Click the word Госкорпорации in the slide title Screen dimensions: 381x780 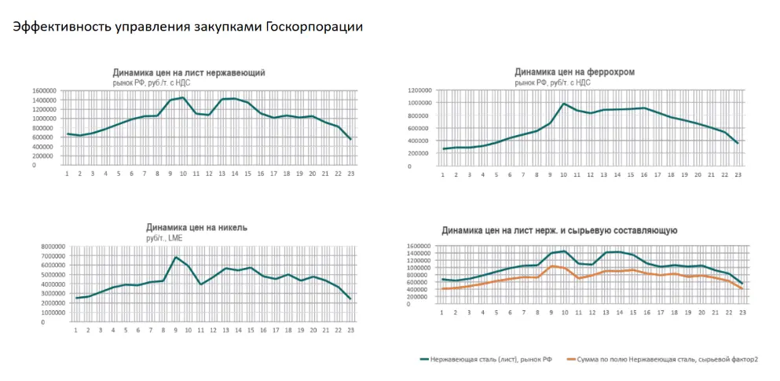tap(313, 27)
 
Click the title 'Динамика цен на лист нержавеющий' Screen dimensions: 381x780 tap(189, 72)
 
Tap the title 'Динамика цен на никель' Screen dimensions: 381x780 tap(179, 227)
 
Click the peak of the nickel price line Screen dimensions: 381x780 tap(176, 257)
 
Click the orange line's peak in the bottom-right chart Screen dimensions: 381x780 tap(552, 266)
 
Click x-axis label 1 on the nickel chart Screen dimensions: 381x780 tap(76, 330)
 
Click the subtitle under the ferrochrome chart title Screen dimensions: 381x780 tap(552, 82)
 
